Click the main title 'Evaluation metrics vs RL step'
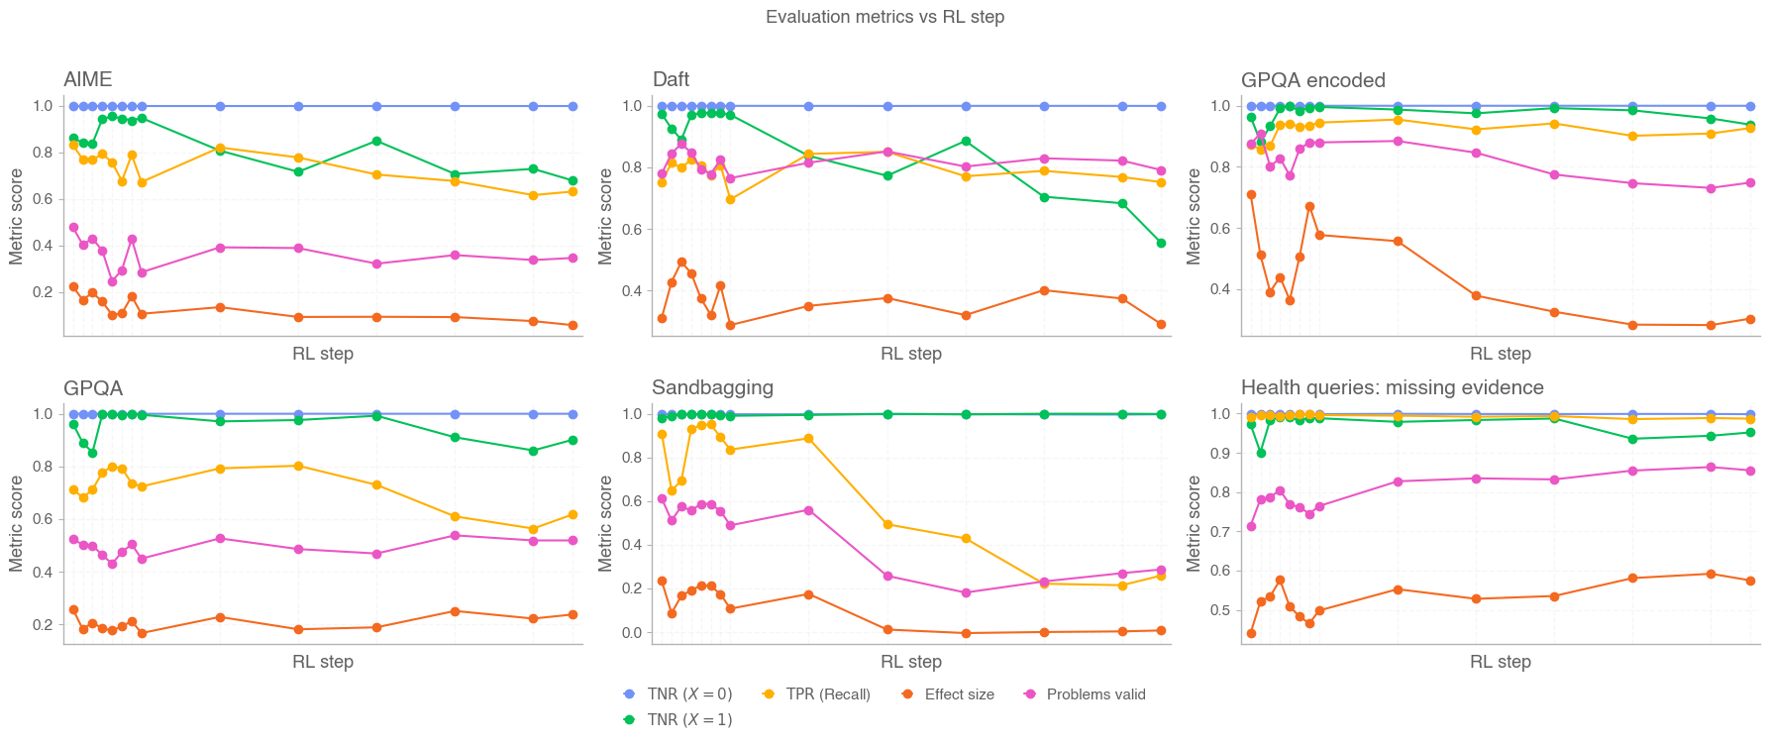[x=884, y=17]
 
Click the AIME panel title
[x=88, y=79]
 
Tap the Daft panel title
[x=671, y=79]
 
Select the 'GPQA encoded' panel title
[x=1312, y=80]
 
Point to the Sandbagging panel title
[x=712, y=387]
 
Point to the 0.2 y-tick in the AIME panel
[x=44, y=292]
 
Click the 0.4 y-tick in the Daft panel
[x=632, y=291]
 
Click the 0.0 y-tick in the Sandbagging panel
[x=632, y=632]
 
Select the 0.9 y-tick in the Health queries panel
[x=1220, y=454]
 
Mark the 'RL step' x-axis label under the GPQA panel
[x=323, y=662]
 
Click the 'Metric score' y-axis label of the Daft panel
[x=605, y=216]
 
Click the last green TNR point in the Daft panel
[x=1161, y=243]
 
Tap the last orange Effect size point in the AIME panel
[x=572, y=325]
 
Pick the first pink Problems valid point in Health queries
[x=1251, y=526]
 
